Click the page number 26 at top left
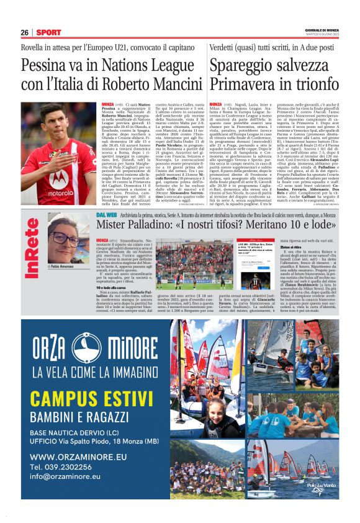click(24, 32)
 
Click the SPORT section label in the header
click(48, 32)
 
